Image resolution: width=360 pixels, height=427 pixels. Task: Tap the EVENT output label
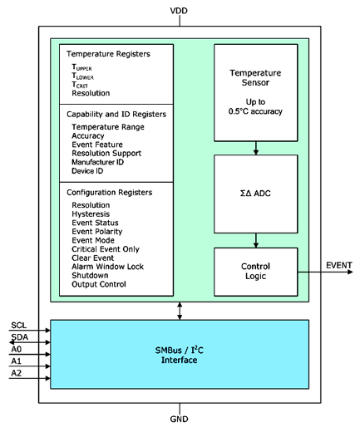point(338,266)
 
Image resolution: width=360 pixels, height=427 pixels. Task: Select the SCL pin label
point(18,326)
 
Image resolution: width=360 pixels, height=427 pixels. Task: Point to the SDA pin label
point(19,338)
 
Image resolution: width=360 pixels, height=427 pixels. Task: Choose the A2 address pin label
point(17,375)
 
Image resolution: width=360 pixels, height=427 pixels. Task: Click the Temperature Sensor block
point(255,92)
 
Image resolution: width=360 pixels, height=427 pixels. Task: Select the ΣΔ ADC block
point(255,193)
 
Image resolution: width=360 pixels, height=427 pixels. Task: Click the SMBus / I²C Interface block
point(180,354)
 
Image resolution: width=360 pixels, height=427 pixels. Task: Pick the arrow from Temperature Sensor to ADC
point(255,147)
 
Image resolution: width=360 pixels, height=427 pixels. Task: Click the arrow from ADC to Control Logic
point(255,240)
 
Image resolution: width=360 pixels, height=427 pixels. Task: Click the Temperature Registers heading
point(108,54)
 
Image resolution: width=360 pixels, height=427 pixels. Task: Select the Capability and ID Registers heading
point(116,114)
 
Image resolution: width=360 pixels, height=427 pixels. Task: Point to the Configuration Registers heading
point(112,192)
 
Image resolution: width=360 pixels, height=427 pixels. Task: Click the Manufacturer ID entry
point(104,162)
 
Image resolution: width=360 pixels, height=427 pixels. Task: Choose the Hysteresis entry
point(95,213)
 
